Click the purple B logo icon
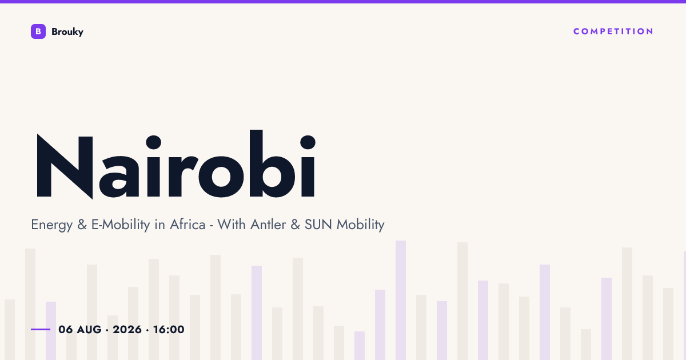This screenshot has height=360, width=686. click(38, 31)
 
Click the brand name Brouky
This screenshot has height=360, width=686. click(67, 32)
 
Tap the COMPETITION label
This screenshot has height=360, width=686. click(613, 31)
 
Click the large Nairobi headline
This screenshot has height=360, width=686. click(176, 165)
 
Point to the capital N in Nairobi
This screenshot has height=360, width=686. click(65, 166)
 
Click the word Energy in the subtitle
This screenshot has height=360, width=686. click(52, 225)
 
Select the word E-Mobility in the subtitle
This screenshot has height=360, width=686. click(121, 225)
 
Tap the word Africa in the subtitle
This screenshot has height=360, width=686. click(188, 225)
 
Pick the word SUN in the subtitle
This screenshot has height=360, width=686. click(318, 225)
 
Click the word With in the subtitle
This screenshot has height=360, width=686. click(232, 225)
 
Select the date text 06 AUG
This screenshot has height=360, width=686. click(79, 329)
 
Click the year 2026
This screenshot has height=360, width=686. click(127, 329)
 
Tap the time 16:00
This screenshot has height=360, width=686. click(169, 329)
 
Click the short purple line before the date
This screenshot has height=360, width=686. click(41, 329)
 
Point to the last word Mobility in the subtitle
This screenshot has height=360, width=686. click(361, 225)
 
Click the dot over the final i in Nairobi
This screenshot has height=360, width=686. click(308, 142)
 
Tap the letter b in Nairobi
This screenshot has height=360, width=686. click(272, 164)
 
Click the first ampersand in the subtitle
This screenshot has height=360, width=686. click(82, 225)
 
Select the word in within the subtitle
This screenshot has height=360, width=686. click(160, 225)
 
